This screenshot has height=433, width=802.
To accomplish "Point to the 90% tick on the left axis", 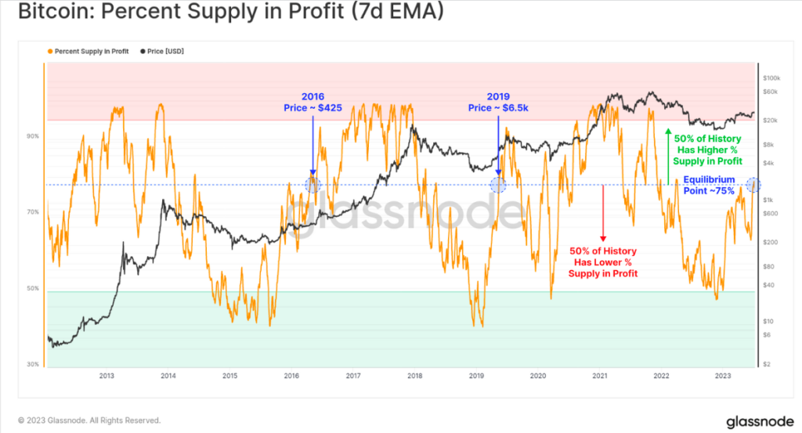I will (x=33, y=135).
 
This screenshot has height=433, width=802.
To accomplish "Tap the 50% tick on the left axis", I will (x=33, y=288).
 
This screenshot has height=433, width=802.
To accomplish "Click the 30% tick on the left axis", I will (x=33, y=365).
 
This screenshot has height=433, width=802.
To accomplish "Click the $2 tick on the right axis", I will (x=767, y=365).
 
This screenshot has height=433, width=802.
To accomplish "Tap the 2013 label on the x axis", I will (x=107, y=377).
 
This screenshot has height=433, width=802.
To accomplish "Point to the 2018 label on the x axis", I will (x=414, y=377).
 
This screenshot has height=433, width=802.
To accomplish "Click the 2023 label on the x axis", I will (x=722, y=377).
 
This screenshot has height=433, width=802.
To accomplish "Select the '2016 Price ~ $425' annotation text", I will (x=312, y=101).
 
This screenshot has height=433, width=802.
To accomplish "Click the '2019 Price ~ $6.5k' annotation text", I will (x=498, y=101).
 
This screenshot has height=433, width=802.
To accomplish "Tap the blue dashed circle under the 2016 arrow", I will (x=312, y=185).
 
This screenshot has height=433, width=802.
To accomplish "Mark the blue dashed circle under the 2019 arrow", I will (x=498, y=185).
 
